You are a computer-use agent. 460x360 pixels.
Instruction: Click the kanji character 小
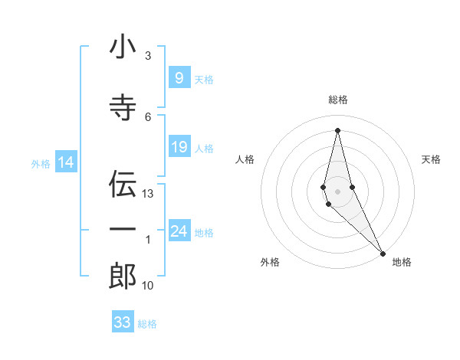123,47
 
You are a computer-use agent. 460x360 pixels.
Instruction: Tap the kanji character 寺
123,107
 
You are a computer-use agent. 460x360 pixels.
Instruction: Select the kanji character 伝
123,184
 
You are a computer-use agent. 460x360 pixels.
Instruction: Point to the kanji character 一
123,230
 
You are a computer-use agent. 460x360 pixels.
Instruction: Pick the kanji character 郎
123,276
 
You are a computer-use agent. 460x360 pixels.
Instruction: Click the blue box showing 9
179,77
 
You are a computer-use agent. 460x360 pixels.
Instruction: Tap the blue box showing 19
179,147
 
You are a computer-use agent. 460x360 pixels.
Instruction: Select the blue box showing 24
179,231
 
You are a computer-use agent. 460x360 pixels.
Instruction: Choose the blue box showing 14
65,162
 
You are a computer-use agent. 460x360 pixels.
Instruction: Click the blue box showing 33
123,322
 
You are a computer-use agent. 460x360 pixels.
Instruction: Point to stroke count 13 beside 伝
148,194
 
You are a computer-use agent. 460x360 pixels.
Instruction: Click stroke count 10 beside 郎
148,286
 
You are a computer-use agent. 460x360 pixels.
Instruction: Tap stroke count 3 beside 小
148,56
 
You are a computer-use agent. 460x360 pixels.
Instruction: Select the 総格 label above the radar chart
337,100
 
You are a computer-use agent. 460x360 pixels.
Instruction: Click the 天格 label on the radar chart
431,159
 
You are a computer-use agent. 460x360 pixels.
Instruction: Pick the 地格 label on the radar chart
402,262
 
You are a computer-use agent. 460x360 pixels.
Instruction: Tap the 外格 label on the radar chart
270,262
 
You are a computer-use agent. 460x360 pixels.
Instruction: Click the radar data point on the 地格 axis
383,252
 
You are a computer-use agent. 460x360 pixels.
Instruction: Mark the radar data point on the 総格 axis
337,129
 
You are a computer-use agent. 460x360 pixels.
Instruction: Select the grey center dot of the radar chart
337,191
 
